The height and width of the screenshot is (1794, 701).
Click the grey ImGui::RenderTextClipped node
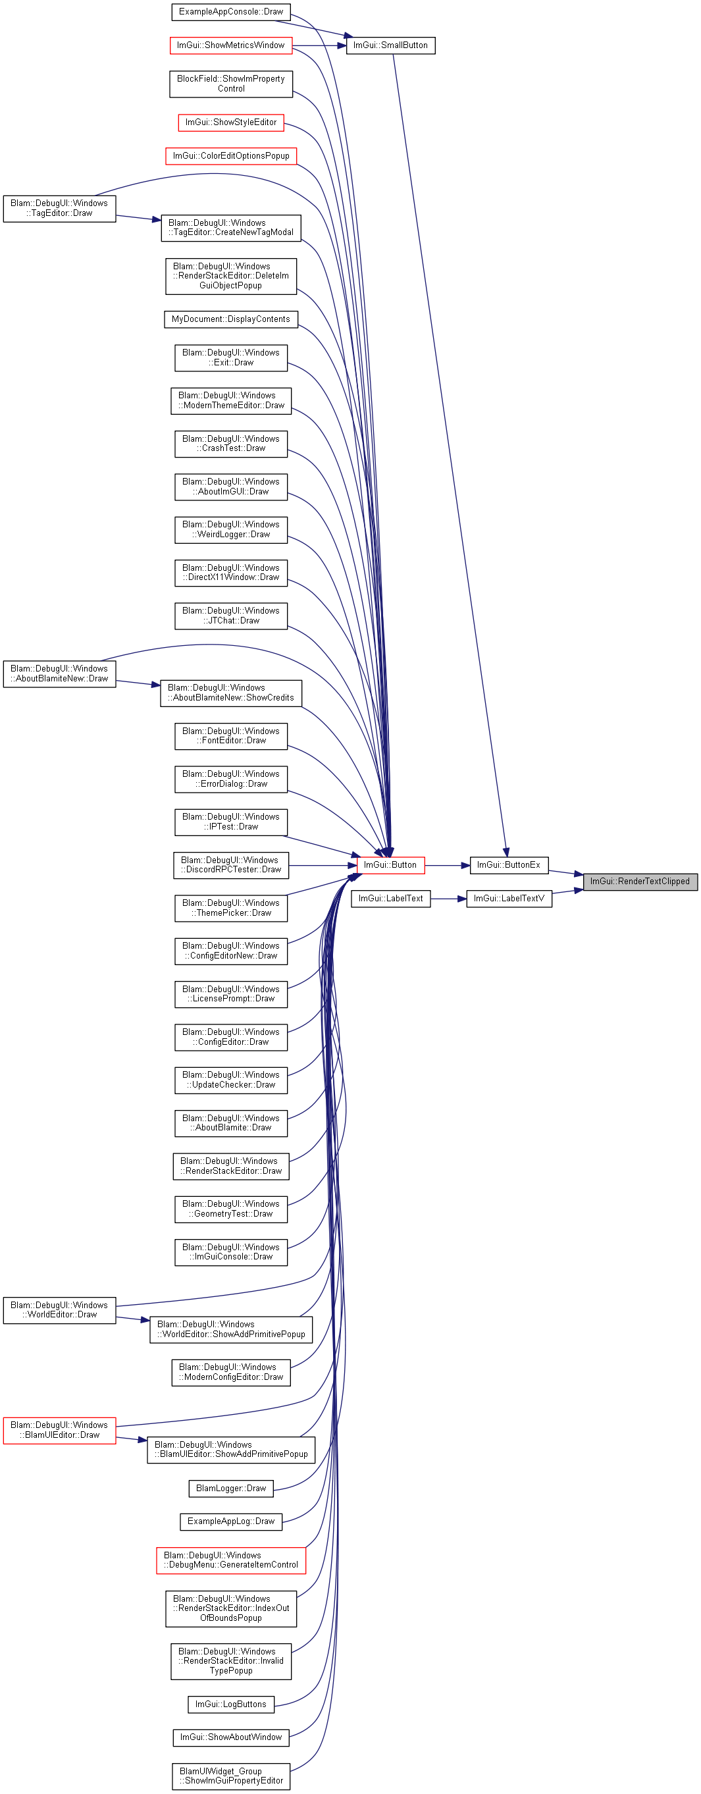[640, 881]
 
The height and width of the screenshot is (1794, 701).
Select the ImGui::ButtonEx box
[509, 865]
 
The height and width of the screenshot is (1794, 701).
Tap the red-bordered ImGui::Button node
[390, 865]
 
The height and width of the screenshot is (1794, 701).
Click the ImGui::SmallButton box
[390, 45]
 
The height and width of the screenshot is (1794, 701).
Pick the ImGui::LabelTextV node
[509, 899]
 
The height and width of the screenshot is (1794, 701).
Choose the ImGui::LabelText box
[390, 899]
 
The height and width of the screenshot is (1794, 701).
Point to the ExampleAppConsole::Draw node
[231, 12]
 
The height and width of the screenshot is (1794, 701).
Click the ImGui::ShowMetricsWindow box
[231, 45]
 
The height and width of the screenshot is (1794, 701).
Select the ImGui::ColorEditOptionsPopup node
[231, 156]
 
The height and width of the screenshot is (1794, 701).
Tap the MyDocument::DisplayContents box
[231, 319]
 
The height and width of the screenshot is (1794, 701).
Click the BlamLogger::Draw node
[231, 1489]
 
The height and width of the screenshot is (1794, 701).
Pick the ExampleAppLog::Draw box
[231, 1521]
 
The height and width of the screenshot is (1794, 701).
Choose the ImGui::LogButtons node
[231, 1704]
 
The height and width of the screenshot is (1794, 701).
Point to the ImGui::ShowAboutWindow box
[231, 1737]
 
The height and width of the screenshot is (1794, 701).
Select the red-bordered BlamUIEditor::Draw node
[59, 1430]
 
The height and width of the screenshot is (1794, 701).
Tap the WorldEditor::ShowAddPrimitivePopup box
[231, 1329]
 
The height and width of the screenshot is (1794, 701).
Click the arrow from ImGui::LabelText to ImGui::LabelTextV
[448, 899]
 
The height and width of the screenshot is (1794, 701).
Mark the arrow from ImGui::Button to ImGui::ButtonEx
[447, 865]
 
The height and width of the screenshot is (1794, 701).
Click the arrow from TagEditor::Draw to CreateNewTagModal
[138, 218]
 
